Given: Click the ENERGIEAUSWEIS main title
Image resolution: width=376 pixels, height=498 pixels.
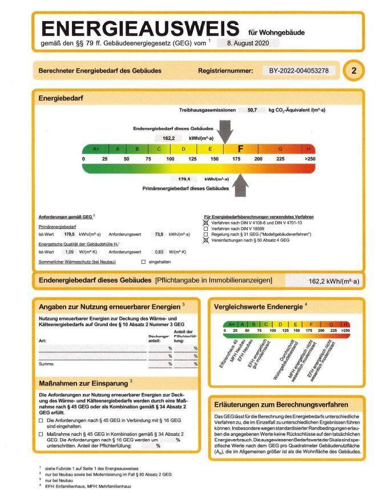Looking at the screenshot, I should click(x=140, y=29).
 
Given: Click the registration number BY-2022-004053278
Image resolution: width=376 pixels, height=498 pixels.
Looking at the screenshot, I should click(x=298, y=71).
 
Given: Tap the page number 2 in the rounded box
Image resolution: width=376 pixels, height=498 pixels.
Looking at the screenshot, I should click(x=354, y=71).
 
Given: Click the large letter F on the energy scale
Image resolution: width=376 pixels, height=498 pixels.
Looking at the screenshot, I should click(x=240, y=149).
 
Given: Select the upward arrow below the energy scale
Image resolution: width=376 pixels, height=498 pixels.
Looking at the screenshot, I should click(x=241, y=185).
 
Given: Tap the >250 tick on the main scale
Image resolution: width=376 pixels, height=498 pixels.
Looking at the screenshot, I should click(x=309, y=158).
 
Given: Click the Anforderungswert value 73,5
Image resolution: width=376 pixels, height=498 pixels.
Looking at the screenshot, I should click(x=159, y=234).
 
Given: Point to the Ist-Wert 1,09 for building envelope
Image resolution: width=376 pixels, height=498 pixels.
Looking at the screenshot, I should click(x=70, y=251).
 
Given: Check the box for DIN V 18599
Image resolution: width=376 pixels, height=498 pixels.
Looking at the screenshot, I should click(x=206, y=228).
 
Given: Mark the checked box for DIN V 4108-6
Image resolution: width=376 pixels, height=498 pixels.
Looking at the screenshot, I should click(x=206, y=223).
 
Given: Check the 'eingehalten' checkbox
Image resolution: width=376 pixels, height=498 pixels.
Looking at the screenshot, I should click(x=143, y=261).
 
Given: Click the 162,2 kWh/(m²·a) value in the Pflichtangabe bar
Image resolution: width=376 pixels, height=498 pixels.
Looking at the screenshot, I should click(x=333, y=282).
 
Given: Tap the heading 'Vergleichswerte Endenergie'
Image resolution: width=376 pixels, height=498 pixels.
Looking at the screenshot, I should click(x=258, y=306).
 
